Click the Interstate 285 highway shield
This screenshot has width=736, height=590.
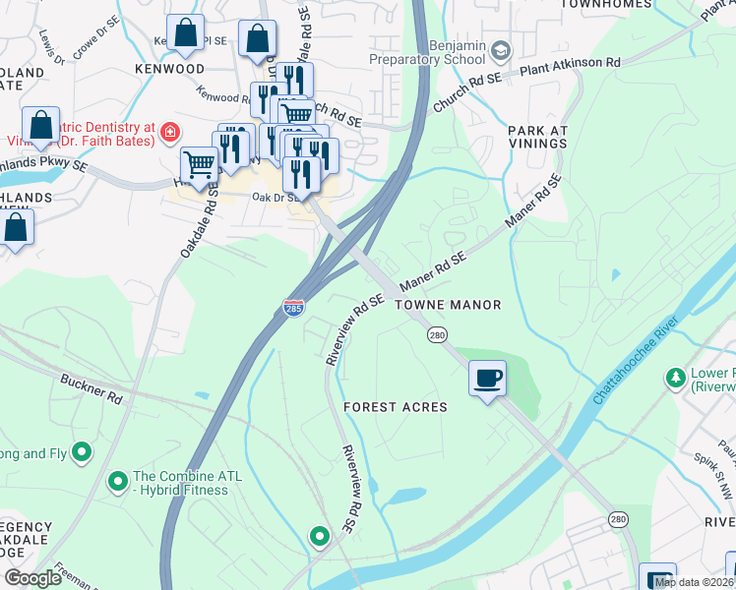pyautogui.click(x=292, y=307)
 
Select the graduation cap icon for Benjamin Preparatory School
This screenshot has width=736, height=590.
pyautogui.click(x=501, y=49)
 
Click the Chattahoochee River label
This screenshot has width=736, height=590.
pyautogui.click(x=638, y=360)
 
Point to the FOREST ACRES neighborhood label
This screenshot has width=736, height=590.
pyautogui.click(x=396, y=407)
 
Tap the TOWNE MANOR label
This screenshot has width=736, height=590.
pyautogui.click(x=449, y=306)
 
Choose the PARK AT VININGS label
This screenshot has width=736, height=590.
pyautogui.click(x=537, y=137)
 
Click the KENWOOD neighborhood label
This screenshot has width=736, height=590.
pyautogui.click(x=171, y=70)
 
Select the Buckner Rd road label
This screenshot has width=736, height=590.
pyautogui.click(x=91, y=389)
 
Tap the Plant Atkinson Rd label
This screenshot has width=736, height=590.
pyautogui.click(x=571, y=63)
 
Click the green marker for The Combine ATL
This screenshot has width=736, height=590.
pyautogui.click(x=118, y=481)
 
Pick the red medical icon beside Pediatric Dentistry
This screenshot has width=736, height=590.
pyautogui.click(x=170, y=131)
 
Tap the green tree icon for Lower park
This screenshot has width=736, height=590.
pyautogui.click(x=676, y=377)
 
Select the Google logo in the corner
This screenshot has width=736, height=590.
pyautogui.click(x=33, y=578)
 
